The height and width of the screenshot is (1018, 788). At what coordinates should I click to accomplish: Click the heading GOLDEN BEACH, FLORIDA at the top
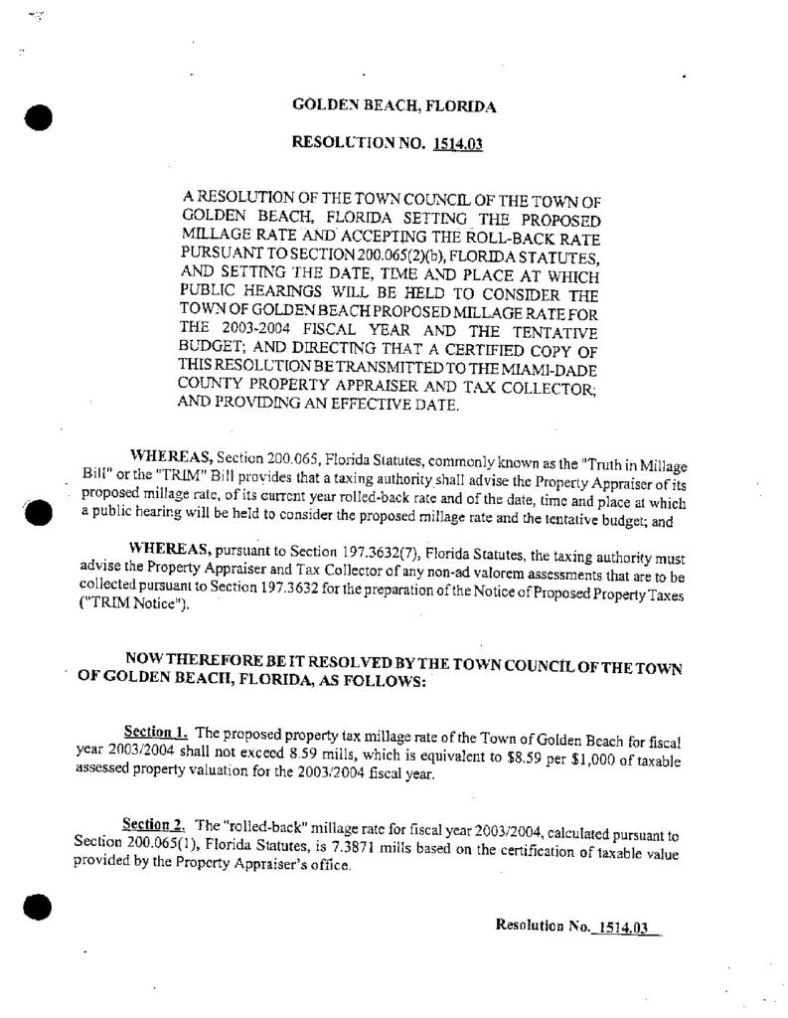click(394, 104)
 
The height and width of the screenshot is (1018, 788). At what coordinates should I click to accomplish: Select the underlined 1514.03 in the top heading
click(457, 145)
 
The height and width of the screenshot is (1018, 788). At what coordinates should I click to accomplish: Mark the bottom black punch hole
click(38, 908)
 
